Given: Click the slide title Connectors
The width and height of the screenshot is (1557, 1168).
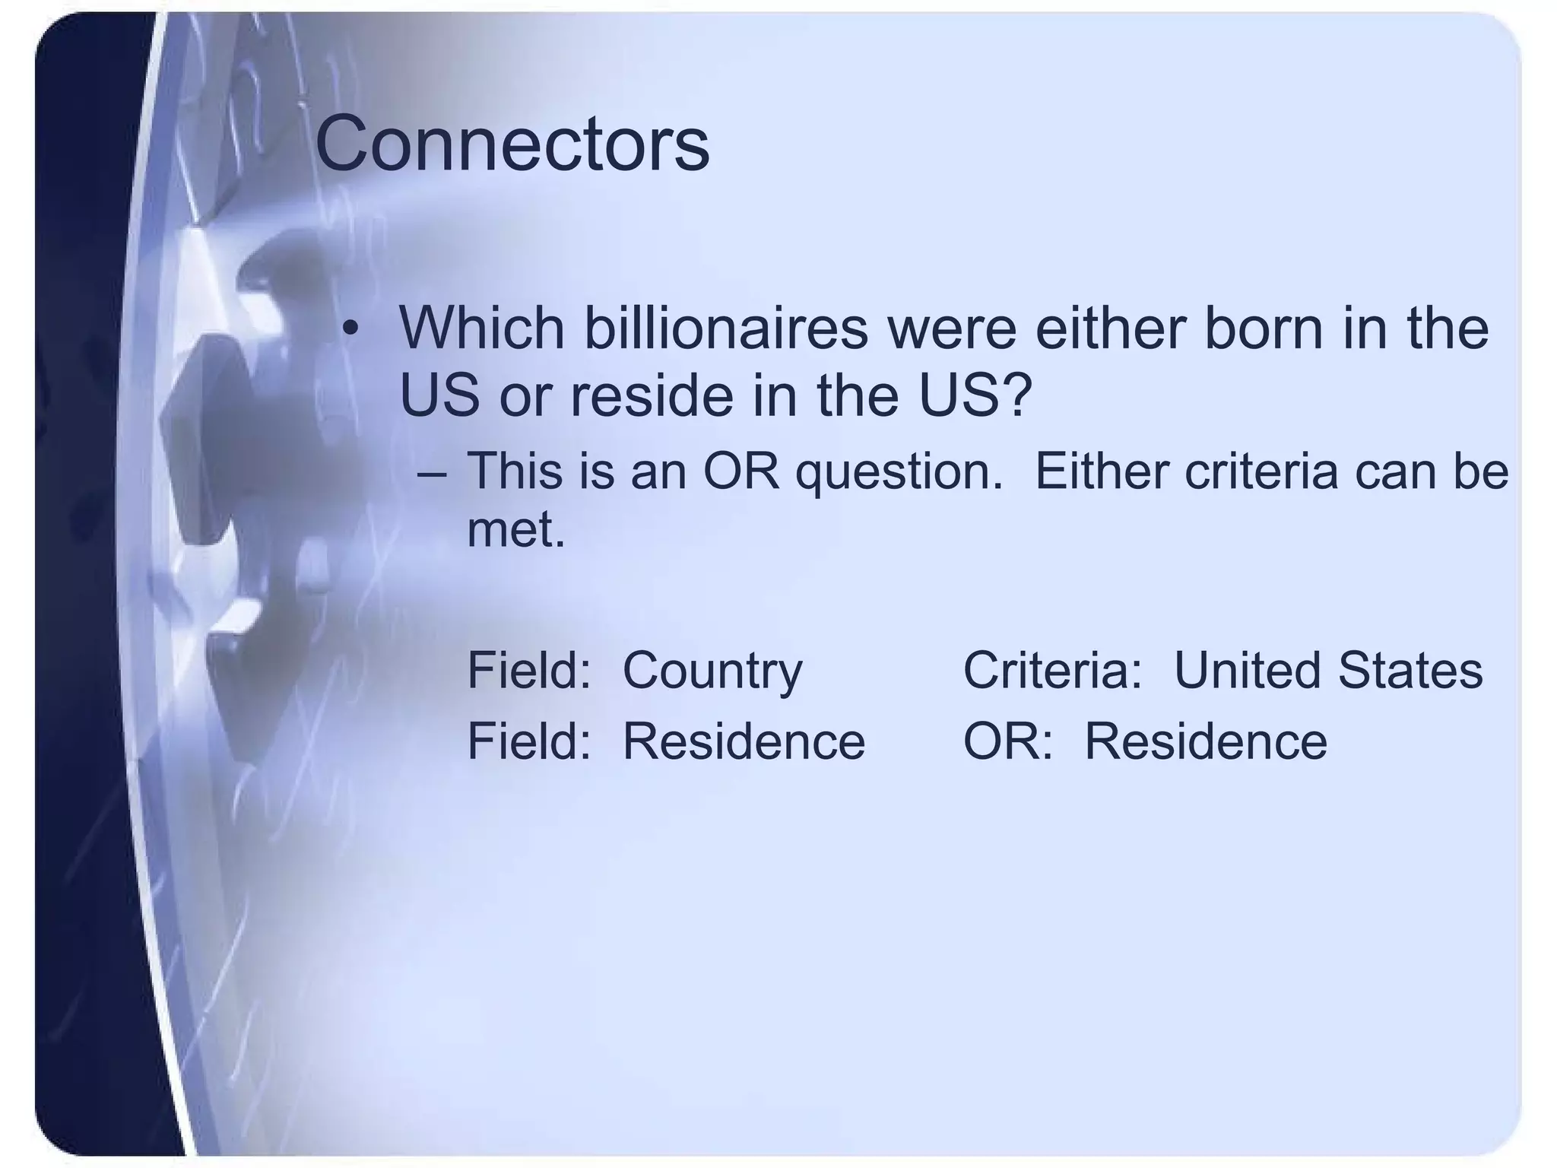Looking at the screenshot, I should (x=512, y=144).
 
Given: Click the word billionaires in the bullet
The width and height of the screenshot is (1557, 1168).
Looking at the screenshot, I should (x=725, y=328).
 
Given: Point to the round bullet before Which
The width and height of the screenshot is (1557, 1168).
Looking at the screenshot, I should (x=349, y=328).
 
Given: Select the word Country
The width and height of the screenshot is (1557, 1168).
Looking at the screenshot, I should (x=712, y=671).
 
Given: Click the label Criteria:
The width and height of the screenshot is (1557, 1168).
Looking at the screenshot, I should (x=1052, y=671).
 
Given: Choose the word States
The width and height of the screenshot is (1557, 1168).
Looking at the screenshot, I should (x=1410, y=671).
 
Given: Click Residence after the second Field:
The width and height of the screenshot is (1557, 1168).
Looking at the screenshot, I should (x=744, y=741).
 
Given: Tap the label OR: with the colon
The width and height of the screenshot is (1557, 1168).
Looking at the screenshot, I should (x=1007, y=741).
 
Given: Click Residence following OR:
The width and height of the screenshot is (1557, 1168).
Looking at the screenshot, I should (x=1205, y=741).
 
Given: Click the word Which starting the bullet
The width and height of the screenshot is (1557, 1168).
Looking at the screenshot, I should (x=481, y=328).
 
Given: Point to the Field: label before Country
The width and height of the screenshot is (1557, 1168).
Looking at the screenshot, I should (x=529, y=671).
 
